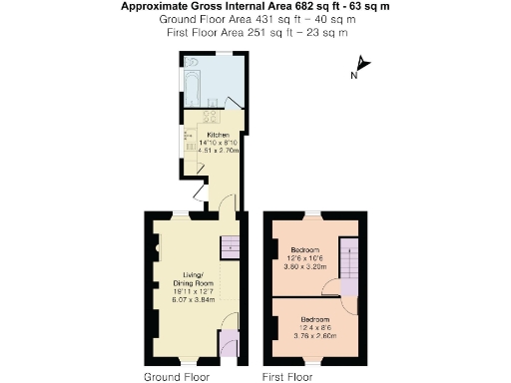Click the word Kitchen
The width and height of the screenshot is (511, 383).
(218, 135)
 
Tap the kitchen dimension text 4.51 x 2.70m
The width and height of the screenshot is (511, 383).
(221, 151)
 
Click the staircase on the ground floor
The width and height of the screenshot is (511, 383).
(231, 245)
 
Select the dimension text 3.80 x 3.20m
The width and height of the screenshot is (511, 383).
(304, 267)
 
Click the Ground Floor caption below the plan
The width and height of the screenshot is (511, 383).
(176, 376)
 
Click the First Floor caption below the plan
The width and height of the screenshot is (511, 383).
(288, 376)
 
